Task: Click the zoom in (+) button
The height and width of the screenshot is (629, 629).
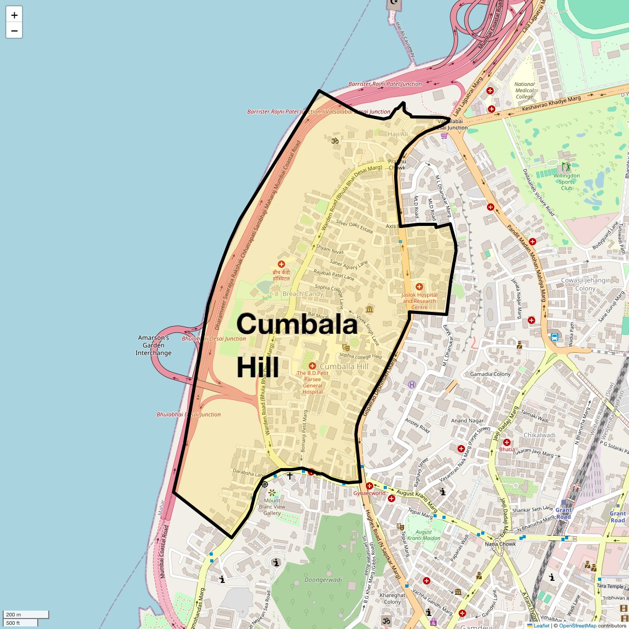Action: [x=14, y=15]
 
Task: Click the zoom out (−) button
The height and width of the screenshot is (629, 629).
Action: [x=14, y=30]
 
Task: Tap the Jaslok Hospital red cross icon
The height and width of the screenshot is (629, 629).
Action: [x=419, y=287]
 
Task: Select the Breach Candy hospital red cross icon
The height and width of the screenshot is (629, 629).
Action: [x=281, y=264]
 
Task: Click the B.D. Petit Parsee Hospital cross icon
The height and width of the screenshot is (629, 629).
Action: [x=312, y=365]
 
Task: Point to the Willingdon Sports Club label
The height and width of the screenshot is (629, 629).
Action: [x=567, y=182]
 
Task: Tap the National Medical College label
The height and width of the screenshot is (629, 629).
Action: [x=524, y=90]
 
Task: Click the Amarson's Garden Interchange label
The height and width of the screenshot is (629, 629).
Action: [x=154, y=345]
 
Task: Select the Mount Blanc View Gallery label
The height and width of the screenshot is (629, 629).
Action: [x=272, y=506]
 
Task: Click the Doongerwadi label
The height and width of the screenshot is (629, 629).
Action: [x=323, y=580]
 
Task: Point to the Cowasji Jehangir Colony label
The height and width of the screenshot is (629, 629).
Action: [x=585, y=284]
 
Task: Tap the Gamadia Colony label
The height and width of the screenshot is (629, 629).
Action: [x=490, y=374]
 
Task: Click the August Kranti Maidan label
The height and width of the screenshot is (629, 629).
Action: [x=424, y=535]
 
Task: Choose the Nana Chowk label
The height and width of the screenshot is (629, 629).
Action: [x=500, y=544]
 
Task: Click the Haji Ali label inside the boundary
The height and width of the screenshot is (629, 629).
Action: [x=398, y=134]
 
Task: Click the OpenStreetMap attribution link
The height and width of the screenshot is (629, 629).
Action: [x=577, y=625]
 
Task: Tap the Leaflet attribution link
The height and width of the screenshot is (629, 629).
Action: [x=541, y=625]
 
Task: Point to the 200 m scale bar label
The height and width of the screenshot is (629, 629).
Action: [x=14, y=614]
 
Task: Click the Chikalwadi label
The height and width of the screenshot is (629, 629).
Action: [x=539, y=435]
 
